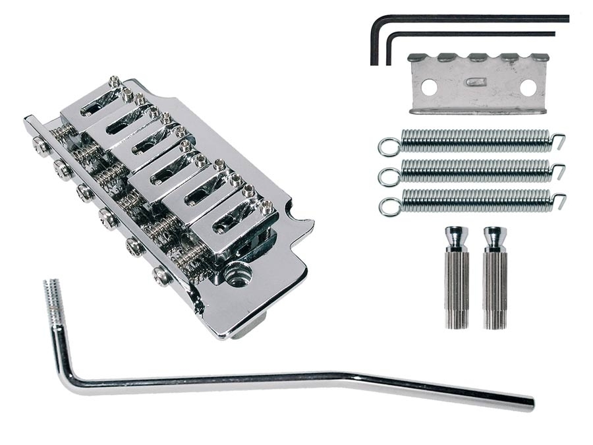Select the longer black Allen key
click(x=474, y=18)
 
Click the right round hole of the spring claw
click(x=527, y=86)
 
